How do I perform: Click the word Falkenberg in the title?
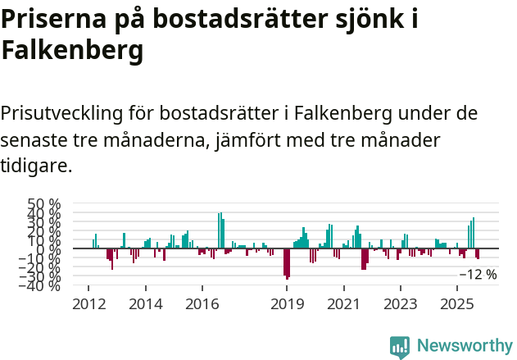(72, 51)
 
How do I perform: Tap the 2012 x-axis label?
(89, 304)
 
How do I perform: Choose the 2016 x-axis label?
(202, 304)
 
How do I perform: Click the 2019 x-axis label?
(287, 304)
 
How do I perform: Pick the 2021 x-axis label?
(343, 304)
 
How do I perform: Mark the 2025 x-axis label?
(456, 304)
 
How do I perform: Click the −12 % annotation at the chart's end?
(478, 275)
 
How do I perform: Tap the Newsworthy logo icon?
(400, 347)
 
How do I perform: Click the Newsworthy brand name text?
(464, 346)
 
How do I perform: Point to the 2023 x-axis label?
(400, 304)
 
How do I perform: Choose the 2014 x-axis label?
(146, 304)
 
